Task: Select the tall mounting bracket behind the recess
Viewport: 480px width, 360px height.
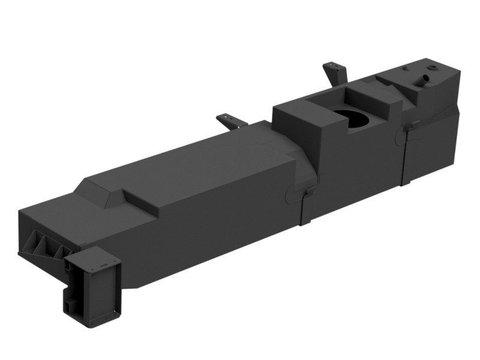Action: pos(335,74)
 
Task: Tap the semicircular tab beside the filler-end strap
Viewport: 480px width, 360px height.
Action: pos(400,137)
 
